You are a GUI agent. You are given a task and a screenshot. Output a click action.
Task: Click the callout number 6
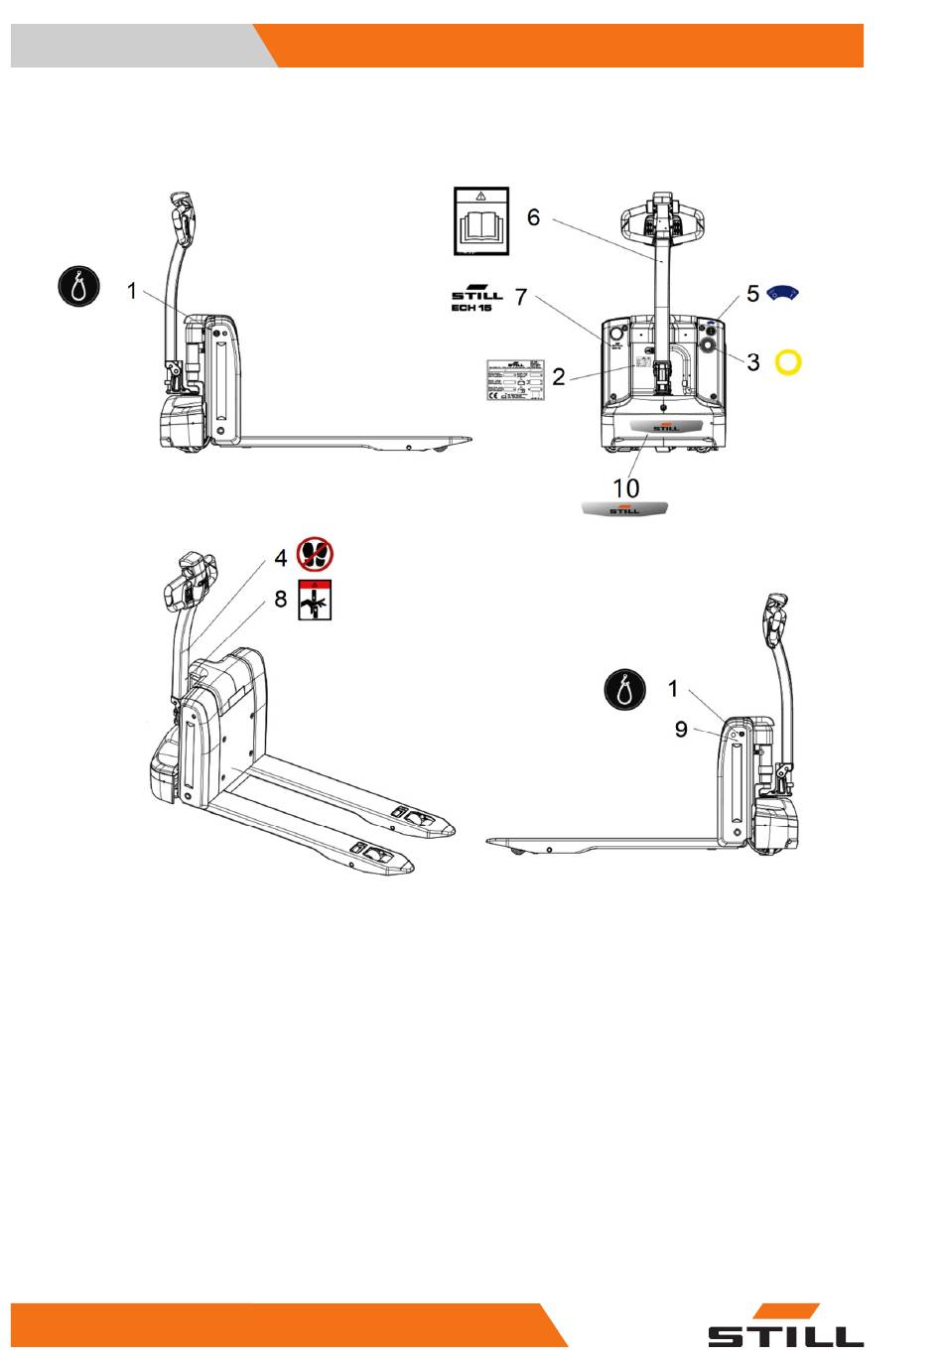[533, 216]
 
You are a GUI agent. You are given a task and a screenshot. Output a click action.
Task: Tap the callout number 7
[521, 297]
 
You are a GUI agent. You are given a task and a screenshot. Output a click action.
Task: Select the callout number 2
[559, 376]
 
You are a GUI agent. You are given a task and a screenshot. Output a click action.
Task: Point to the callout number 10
[625, 487]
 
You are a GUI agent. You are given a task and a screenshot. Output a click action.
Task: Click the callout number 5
[753, 294]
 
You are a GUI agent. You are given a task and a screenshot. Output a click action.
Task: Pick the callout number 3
[753, 362]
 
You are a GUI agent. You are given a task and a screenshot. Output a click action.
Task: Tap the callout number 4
[281, 558]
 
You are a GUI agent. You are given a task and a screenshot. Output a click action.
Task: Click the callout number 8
[281, 600]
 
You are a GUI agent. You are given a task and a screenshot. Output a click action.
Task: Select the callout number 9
[681, 730]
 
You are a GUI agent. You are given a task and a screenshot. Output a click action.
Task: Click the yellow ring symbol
[788, 362]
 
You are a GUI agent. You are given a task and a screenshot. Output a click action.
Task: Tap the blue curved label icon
[784, 293]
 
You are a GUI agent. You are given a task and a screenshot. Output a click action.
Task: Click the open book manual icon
[481, 220]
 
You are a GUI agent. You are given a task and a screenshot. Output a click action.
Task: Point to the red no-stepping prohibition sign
[316, 555]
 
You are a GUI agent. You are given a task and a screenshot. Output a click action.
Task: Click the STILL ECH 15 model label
[477, 301]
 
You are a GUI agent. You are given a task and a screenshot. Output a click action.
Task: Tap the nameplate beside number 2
[513, 380]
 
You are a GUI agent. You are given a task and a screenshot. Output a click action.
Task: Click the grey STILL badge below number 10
[624, 509]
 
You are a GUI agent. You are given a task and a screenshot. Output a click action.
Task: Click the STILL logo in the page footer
[784, 1327]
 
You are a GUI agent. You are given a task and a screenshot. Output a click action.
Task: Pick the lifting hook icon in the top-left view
[77, 287]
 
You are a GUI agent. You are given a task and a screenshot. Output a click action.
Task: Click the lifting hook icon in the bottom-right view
[625, 689]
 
